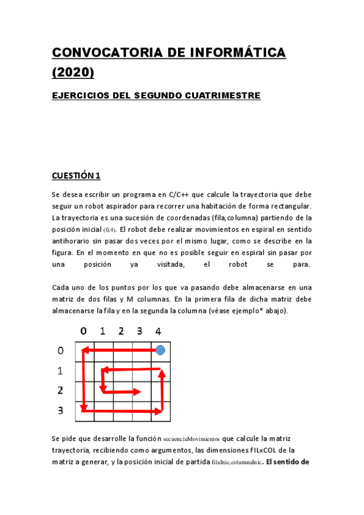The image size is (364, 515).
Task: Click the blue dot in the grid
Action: coord(160,350)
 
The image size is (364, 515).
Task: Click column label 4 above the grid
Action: coord(158,332)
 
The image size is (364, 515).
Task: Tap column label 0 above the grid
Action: coord(83,332)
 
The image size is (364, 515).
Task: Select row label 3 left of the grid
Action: coord(60,411)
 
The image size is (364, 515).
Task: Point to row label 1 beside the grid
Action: coord(60,370)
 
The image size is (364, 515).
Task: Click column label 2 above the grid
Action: coord(121,332)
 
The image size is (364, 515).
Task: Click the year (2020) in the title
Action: coord(73,72)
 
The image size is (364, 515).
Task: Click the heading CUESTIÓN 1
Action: coord(76,176)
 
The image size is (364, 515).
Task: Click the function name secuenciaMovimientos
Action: coord(191,438)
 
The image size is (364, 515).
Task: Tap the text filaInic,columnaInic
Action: coord(236,462)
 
